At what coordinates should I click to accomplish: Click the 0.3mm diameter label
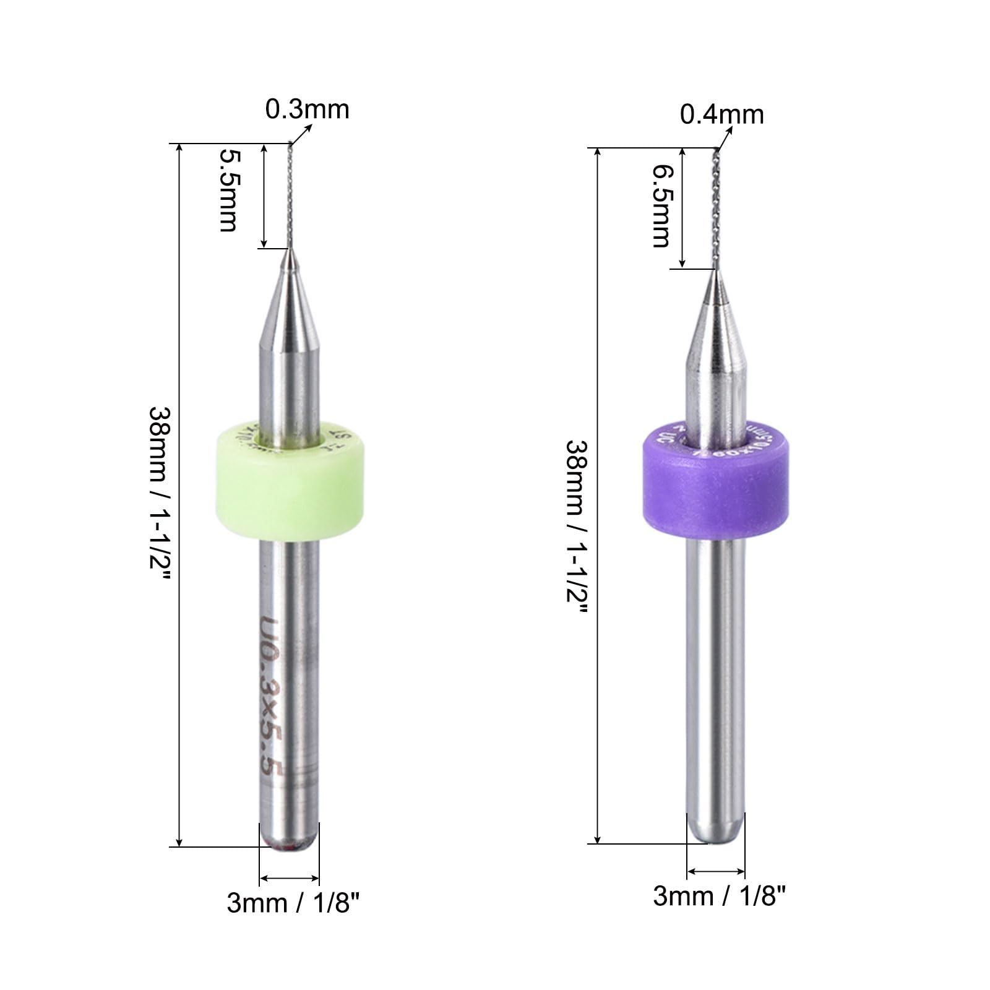point(307,110)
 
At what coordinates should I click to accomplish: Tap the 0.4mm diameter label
point(721,114)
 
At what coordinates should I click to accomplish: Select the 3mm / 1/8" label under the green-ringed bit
point(293,903)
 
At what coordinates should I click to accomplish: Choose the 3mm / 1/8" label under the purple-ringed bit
point(719,895)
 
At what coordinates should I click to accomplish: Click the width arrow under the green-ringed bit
point(289,877)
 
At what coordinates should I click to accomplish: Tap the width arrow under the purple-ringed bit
point(716,871)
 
